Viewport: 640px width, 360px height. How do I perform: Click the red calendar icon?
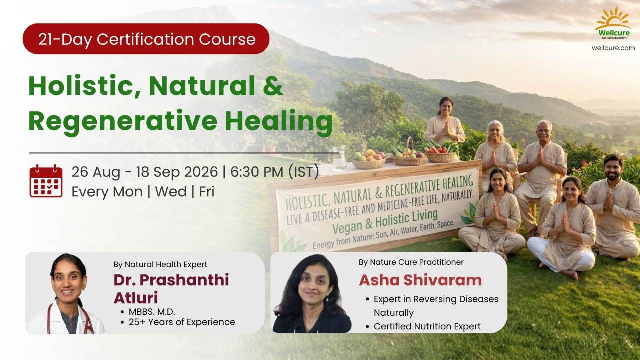pyautogui.click(x=46, y=181)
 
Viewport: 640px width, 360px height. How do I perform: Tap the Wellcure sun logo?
pyautogui.click(x=613, y=23)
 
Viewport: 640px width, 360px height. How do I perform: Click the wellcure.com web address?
pyautogui.click(x=613, y=48)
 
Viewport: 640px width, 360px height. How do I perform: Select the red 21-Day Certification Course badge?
pyautogui.click(x=146, y=39)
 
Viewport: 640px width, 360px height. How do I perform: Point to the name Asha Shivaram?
pyautogui.click(x=420, y=280)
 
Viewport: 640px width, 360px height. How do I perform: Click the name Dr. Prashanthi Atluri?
pyautogui.click(x=171, y=289)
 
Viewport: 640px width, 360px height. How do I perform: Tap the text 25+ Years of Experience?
pyautogui.click(x=182, y=322)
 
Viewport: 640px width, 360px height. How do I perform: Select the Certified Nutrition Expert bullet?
pyautogui.click(x=427, y=326)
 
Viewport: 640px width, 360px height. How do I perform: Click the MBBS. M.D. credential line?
pyautogui.click(x=152, y=311)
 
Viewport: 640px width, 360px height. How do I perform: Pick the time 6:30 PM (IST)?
pyautogui.click(x=275, y=172)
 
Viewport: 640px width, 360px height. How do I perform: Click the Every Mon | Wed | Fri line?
pyautogui.click(x=143, y=191)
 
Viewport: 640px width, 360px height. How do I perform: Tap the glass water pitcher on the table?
pyautogui.click(x=338, y=158)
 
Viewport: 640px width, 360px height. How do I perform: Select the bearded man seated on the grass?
pyautogui.click(x=613, y=207)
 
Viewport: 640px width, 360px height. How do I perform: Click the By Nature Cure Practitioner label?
pyautogui.click(x=411, y=262)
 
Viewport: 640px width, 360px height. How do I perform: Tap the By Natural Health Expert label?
pyautogui.click(x=160, y=265)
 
